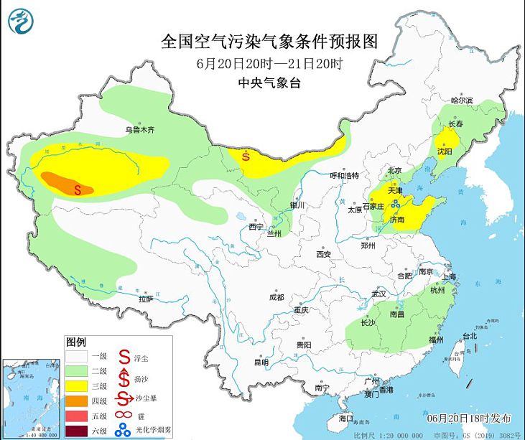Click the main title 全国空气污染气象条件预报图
coord(269,41)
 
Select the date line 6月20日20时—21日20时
coord(269,63)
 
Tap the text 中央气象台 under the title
coord(269,83)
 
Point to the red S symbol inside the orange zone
coord(80,189)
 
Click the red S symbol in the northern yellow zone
coord(246,155)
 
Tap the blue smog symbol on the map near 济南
coord(395,205)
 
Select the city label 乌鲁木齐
coord(139,130)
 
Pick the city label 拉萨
coord(146,298)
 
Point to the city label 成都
coord(276,297)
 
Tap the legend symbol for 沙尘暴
coord(124,400)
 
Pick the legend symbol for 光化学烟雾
coord(124,431)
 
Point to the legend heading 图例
coord(76,340)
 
